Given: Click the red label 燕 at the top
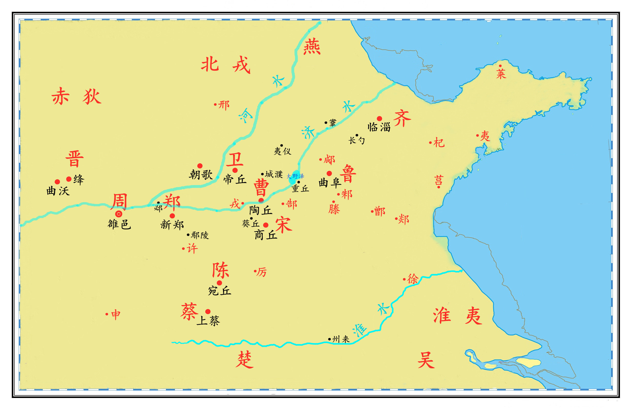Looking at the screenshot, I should pyautogui.click(x=312, y=46).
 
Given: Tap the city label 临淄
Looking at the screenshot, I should pyautogui.click(x=379, y=127).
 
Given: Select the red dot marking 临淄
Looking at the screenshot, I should pyautogui.click(x=380, y=118).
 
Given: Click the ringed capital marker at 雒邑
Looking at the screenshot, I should pyautogui.click(x=119, y=214).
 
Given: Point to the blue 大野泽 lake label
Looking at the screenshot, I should pyautogui.click(x=295, y=176).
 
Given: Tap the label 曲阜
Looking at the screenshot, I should pyautogui.click(x=330, y=182).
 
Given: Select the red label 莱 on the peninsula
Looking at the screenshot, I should pyautogui.click(x=501, y=74).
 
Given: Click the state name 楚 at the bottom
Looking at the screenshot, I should pyautogui.click(x=244, y=360).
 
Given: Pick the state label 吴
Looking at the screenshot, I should pyautogui.click(x=426, y=360).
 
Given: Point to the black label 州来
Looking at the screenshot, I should pyautogui.click(x=341, y=339).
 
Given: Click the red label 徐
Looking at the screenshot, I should pyautogui.click(x=413, y=279).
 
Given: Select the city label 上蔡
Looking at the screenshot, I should pyautogui.click(x=208, y=321).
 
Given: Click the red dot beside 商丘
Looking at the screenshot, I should pyautogui.click(x=266, y=225).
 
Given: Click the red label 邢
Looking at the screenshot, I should pyautogui.click(x=224, y=105).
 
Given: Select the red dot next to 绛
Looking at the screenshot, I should pyautogui.click(x=69, y=179).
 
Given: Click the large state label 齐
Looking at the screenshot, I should pyautogui.click(x=402, y=118).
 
